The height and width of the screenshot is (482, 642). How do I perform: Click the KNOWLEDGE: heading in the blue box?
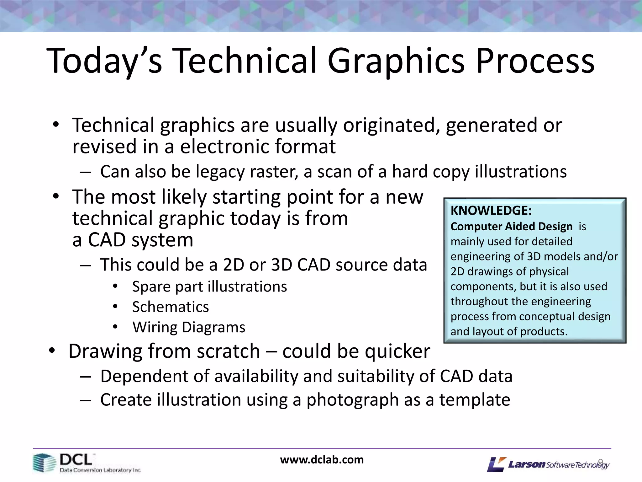click(491, 211)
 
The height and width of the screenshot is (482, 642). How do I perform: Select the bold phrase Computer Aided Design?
click(511, 226)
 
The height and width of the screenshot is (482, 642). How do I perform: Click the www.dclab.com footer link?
click(322, 460)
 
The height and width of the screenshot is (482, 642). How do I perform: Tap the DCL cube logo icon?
click(44, 463)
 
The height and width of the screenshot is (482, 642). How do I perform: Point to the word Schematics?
click(170, 307)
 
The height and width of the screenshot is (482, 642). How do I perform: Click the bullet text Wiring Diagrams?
click(189, 327)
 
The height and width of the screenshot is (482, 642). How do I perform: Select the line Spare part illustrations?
click(209, 287)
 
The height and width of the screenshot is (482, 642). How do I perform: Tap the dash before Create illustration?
click(85, 400)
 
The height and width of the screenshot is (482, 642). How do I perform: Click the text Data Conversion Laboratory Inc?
click(100, 470)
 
